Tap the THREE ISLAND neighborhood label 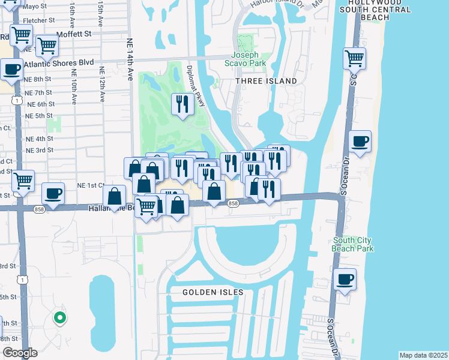266,81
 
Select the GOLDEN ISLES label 214,292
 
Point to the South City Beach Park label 354,244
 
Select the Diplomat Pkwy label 196,86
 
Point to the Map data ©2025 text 423,355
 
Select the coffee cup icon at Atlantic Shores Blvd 12,69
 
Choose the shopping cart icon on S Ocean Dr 354,59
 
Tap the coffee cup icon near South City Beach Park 345,279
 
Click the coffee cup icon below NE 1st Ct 53,193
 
